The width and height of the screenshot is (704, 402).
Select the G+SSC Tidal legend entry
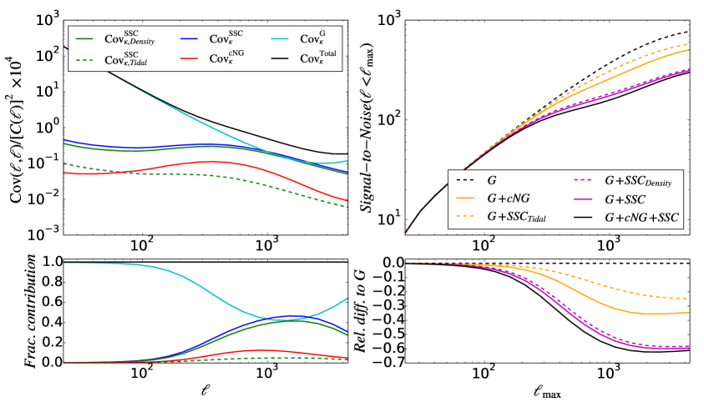click(511, 218)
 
